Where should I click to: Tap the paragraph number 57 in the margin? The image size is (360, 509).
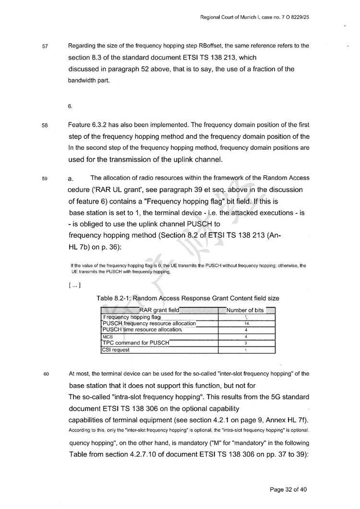coord(46,46)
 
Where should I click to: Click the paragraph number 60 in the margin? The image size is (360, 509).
coord(46,374)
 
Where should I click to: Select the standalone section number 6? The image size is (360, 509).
coord(71,107)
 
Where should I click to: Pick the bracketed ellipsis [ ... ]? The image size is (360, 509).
coord(74,286)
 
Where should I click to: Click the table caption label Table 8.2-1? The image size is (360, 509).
coord(113,298)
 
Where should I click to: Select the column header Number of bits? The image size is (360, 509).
coord(245,310)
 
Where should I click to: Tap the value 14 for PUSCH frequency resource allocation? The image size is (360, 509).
coord(245,324)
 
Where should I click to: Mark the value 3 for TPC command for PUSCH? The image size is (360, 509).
coord(245,344)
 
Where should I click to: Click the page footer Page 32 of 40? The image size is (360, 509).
coord(288,489)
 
